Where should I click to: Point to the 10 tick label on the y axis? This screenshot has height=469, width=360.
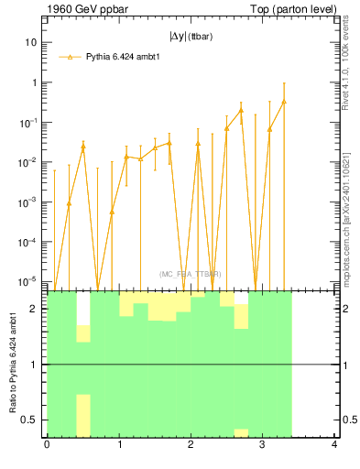pyautogui.click(x=29, y=42)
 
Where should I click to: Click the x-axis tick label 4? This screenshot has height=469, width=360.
pyautogui.click(x=334, y=446)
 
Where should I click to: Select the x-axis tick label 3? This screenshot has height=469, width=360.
pyautogui.click(x=262, y=446)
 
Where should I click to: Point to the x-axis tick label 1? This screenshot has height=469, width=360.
pyautogui.click(x=118, y=446)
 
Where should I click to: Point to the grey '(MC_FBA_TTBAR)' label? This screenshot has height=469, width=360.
pyautogui.click(x=190, y=274)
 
